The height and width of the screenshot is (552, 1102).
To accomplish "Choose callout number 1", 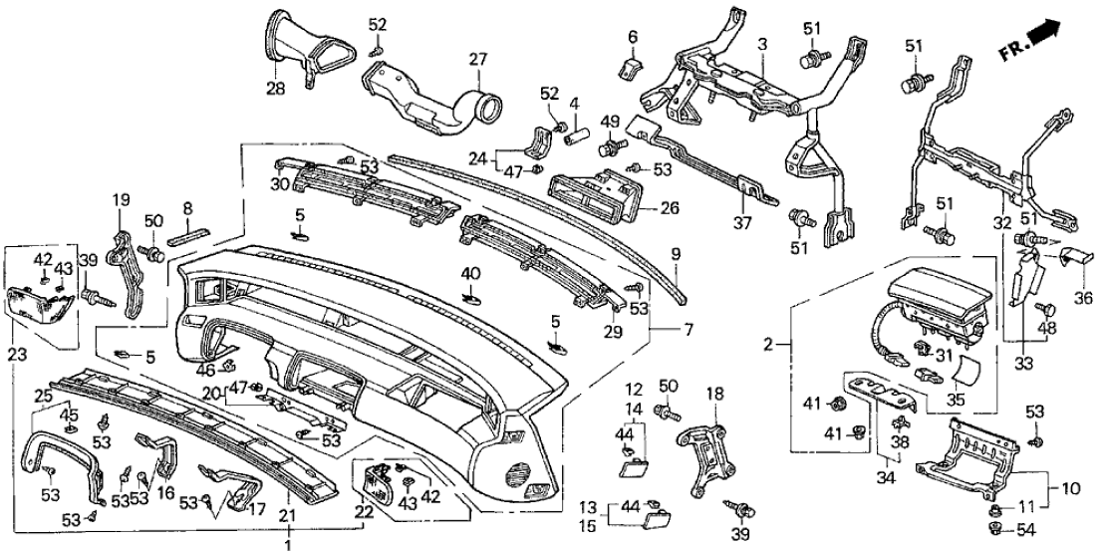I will click(288, 545).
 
